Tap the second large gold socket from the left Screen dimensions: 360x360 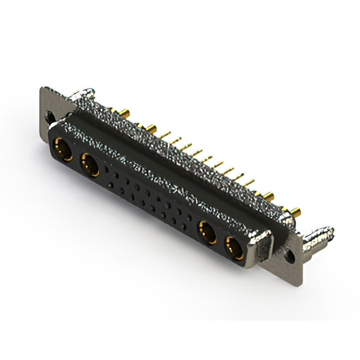point(90,165)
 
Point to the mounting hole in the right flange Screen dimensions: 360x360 point(290,255)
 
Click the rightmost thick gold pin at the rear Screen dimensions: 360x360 point(295,213)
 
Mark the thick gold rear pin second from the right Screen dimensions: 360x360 point(269,197)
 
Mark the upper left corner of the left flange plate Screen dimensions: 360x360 point(42,88)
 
